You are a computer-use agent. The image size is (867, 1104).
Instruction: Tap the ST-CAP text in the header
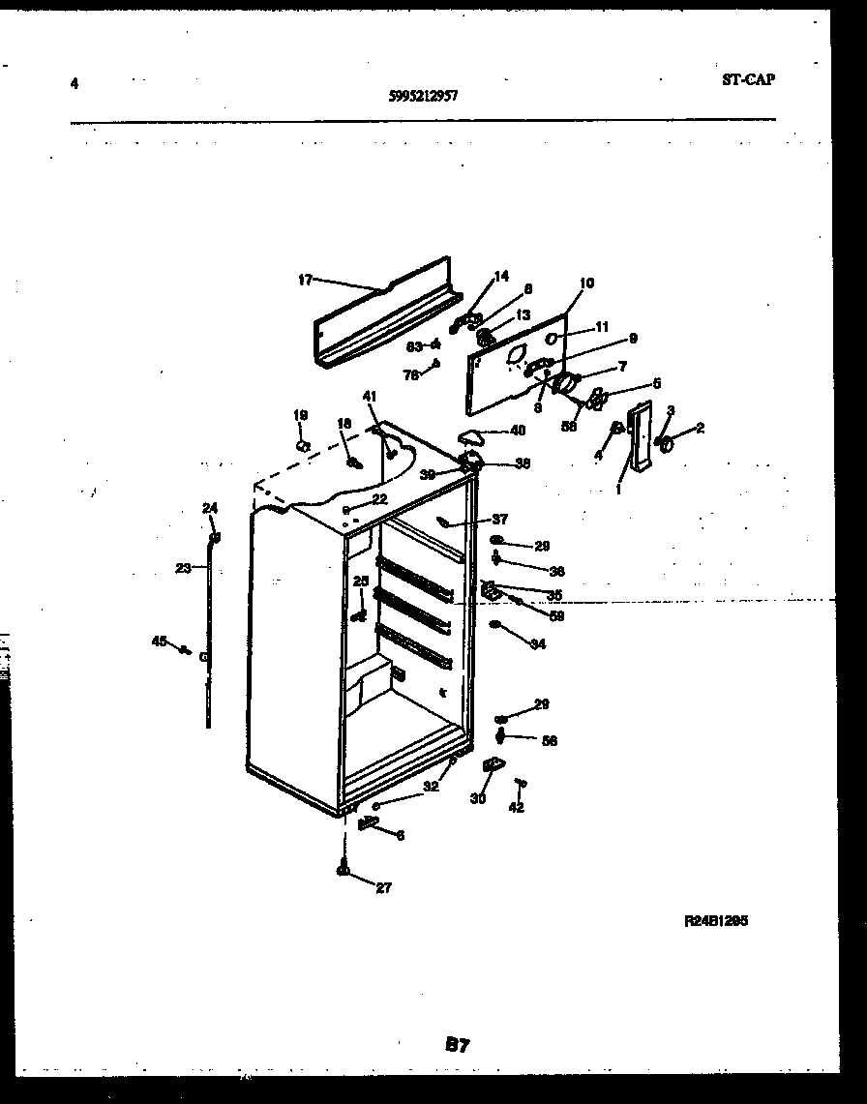point(747,80)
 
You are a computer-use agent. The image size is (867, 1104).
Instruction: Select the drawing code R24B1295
point(715,921)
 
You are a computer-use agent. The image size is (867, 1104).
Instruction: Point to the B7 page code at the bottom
point(457,1044)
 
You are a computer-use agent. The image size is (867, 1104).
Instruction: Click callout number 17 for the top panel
point(305,281)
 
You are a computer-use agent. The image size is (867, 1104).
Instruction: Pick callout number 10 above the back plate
point(586,283)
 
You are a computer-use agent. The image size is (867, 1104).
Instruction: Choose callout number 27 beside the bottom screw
point(383,887)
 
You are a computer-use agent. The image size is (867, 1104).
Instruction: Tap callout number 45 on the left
point(159,641)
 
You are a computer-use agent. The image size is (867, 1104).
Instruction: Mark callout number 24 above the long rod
point(210,508)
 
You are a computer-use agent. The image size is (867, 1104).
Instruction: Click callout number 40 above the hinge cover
point(518,431)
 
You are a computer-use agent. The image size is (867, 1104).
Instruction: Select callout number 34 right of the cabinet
point(538,643)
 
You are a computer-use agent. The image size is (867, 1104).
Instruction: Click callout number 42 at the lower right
point(516,807)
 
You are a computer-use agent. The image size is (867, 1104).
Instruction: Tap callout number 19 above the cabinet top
point(300,415)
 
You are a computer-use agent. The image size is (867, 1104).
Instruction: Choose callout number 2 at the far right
point(700,428)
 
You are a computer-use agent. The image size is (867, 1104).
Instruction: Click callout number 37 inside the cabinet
point(499,520)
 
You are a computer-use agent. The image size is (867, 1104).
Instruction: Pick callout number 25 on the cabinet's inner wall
point(360,582)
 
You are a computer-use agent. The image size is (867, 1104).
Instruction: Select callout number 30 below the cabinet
point(478,799)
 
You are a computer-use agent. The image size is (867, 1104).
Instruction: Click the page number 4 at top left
point(74,83)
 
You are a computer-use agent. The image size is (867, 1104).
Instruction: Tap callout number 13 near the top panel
point(523,315)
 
